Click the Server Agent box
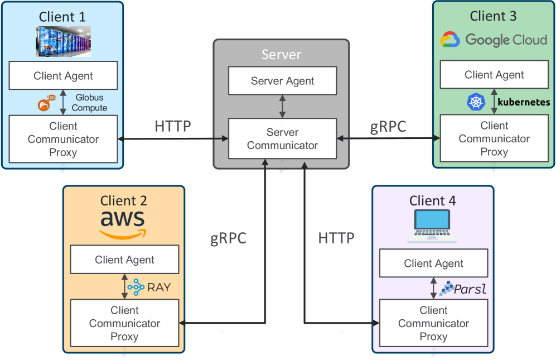tap(282, 81)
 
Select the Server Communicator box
tap(282, 139)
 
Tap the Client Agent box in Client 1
tap(64, 76)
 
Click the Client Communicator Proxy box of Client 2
tap(124, 323)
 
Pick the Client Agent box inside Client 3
tap(494, 75)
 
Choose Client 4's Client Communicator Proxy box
tap(433, 324)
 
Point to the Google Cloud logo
tap(494, 40)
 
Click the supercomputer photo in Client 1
tap(63, 41)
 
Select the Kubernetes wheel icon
tap(476, 102)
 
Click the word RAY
tap(159, 288)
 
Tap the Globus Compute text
tap(89, 103)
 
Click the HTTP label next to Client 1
tap(172, 127)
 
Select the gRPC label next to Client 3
tap(388, 127)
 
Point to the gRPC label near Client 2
tap(228, 238)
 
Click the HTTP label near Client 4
tap(336, 238)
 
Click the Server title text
tap(282, 55)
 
